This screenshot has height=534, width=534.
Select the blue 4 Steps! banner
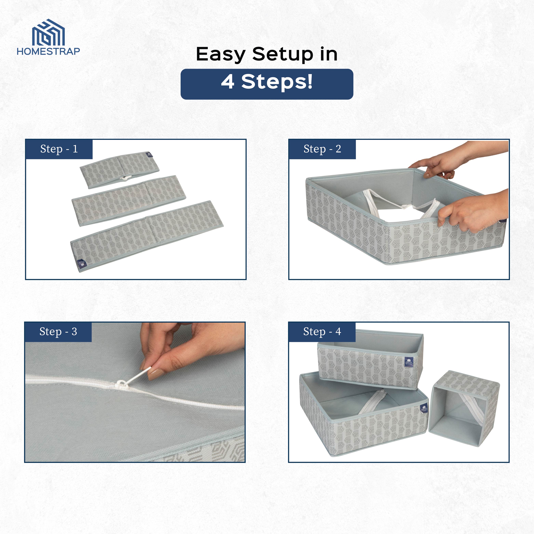pos(267,84)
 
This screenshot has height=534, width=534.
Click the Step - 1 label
pos(59,149)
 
